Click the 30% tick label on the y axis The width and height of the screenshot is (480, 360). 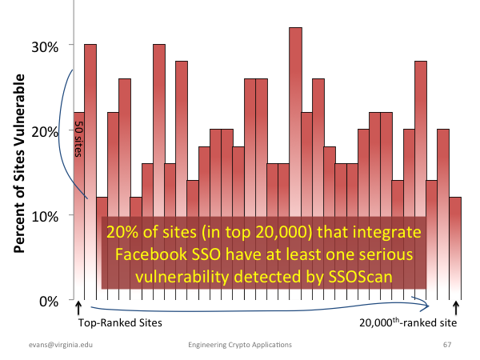[45, 47]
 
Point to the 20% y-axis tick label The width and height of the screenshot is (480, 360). [45, 132]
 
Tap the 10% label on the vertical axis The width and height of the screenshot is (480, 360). [45, 217]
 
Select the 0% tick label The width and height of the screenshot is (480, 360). [49, 302]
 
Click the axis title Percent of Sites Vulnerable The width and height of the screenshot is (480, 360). [19, 163]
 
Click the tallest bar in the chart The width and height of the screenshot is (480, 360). [295, 163]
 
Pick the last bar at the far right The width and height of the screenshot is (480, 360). [455, 249]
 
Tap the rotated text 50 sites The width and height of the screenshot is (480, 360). [79, 139]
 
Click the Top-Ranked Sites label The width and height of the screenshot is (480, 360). [120, 323]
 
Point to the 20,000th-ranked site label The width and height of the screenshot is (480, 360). [408, 322]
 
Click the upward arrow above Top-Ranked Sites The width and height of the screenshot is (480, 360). [78, 308]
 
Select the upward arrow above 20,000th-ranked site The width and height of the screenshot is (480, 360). [456, 308]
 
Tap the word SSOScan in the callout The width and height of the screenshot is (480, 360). [360, 277]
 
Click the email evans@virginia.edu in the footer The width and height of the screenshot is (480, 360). [61, 345]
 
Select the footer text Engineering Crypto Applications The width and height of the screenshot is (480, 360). [240, 345]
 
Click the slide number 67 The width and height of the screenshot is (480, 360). [447, 345]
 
